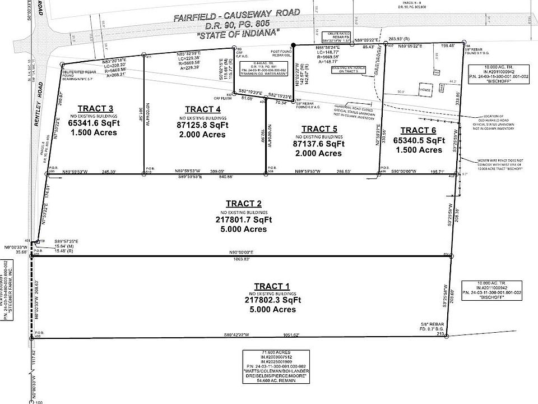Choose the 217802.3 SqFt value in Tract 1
point(273,300)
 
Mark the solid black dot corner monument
point(293,45)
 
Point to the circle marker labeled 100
point(30,401)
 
